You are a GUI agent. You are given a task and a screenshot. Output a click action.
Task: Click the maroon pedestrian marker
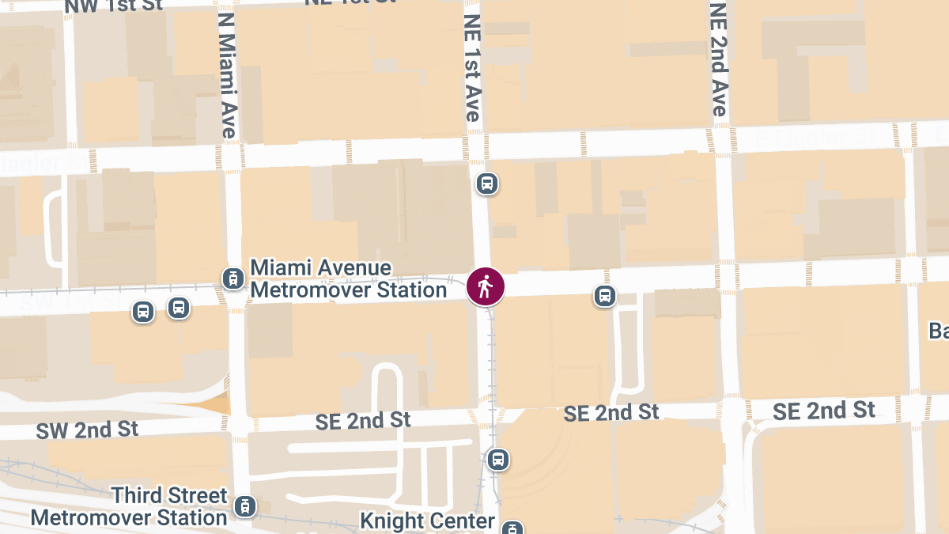486,286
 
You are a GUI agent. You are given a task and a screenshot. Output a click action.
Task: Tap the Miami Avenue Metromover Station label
349,279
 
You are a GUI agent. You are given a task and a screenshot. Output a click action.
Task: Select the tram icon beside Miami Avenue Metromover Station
233,278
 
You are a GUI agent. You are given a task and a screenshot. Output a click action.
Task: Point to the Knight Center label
427,521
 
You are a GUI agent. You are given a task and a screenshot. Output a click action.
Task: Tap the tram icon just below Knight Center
513,528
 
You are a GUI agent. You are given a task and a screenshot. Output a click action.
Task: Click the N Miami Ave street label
228,75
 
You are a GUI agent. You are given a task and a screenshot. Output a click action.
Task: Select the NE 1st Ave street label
472,67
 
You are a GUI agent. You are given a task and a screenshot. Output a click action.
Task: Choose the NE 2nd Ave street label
718,59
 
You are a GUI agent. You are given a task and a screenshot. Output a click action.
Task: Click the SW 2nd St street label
87,430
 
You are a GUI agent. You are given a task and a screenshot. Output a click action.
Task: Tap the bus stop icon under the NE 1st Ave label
486,184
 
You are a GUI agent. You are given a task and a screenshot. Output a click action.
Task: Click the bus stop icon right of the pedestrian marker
605,297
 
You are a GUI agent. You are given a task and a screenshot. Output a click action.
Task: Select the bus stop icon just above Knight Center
497,459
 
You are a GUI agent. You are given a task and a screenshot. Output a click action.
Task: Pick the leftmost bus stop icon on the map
143,312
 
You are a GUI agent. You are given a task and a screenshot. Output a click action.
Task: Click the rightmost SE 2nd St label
824,411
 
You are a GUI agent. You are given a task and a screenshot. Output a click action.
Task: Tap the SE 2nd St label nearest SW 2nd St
363,421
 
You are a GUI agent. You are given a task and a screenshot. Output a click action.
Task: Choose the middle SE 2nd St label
611,412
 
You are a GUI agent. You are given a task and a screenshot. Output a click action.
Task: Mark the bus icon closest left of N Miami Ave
179,308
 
